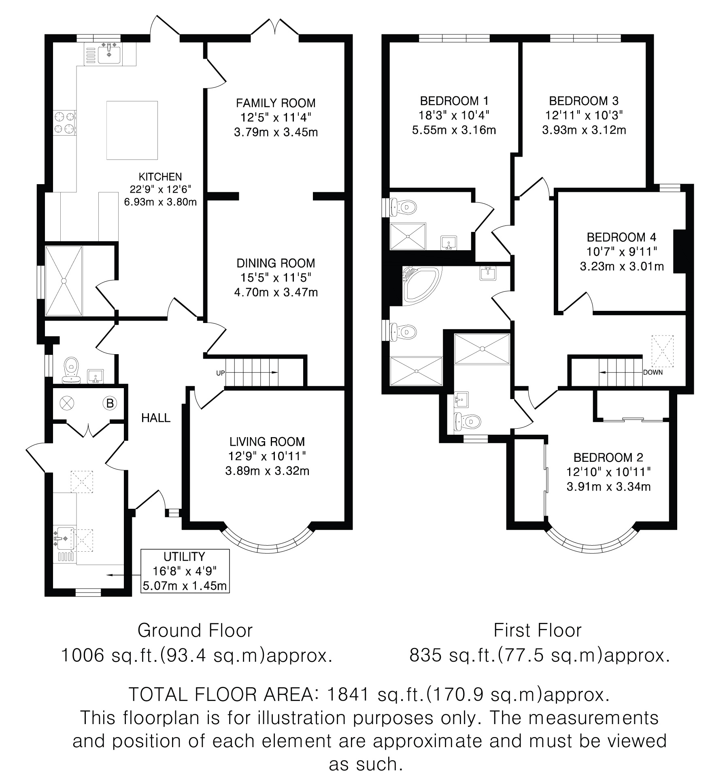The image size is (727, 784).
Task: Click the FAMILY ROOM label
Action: tap(276, 103)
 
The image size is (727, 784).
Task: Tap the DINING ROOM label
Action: tap(276, 263)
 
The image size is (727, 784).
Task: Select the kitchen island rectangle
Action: tap(132, 130)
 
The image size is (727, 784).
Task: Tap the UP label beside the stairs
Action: tap(220, 373)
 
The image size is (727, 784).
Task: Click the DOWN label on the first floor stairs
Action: tap(653, 372)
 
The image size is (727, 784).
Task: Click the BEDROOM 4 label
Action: tap(621, 237)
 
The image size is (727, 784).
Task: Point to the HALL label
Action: tap(156, 418)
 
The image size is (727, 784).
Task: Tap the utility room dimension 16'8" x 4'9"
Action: tap(185, 571)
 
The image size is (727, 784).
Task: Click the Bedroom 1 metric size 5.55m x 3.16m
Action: tap(454, 130)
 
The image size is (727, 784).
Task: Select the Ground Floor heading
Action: tap(195, 631)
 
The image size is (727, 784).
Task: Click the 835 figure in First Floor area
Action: tap(425, 655)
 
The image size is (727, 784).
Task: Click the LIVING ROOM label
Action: tap(267, 442)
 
